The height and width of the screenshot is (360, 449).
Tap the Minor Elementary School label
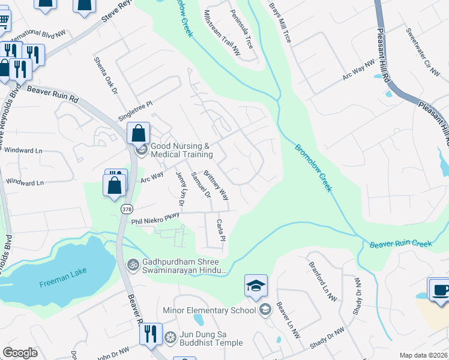click(209, 310)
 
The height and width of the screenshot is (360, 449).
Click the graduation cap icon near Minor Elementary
click(256, 287)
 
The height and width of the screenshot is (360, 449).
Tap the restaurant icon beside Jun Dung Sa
click(151, 334)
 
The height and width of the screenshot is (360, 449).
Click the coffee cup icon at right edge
click(439, 289)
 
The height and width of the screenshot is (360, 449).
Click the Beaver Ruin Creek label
click(401, 244)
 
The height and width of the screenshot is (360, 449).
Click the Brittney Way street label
click(216, 185)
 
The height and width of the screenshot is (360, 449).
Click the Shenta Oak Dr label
click(105, 76)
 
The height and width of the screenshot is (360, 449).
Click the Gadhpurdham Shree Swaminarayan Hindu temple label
click(184, 267)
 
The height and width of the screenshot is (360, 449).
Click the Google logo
click(20, 353)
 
